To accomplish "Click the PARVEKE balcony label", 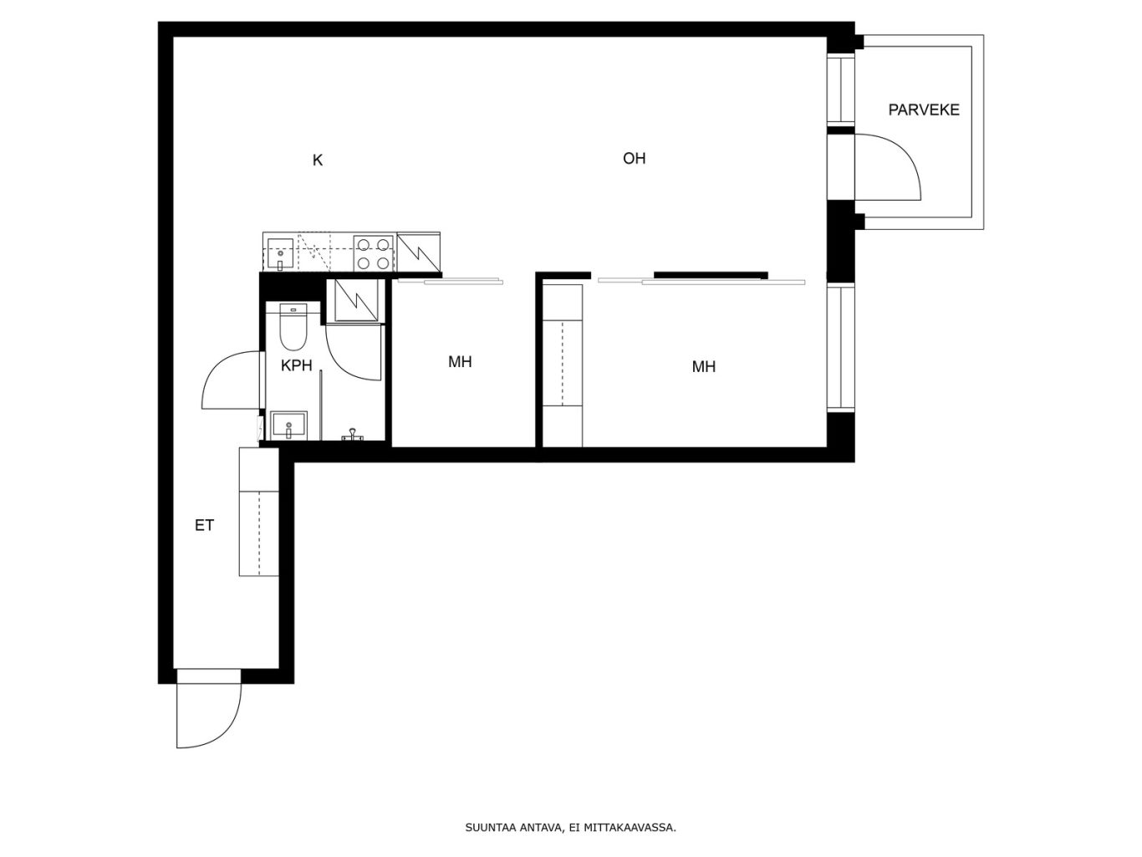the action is pyautogui.click(x=924, y=110).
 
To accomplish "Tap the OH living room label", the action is pyautogui.click(x=634, y=158).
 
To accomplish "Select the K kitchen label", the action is pyautogui.click(x=318, y=161).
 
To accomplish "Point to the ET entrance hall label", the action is pyautogui.click(x=204, y=526).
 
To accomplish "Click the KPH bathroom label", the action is pyautogui.click(x=296, y=365).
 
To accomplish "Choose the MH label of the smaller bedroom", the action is pyautogui.click(x=460, y=362).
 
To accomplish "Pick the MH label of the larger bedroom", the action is pyautogui.click(x=703, y=367).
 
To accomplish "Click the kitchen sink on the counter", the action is pyautogui.click(x=280, y=254).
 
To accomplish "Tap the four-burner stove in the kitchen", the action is pyautogui.click(x=373, y=253).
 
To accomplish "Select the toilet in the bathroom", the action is pyautogui.click(x=293, y=326).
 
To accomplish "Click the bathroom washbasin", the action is pyautogui.click(x=288, y=426).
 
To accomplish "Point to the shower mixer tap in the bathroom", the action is pyautogui.click(x=353, y=435).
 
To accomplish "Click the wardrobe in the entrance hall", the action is pyautogui.click(x=258, y=512).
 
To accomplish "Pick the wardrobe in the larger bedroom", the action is pyautogui.click(x=562, y=365).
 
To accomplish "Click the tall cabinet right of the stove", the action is pyautogui.click(x=418, y=252).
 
